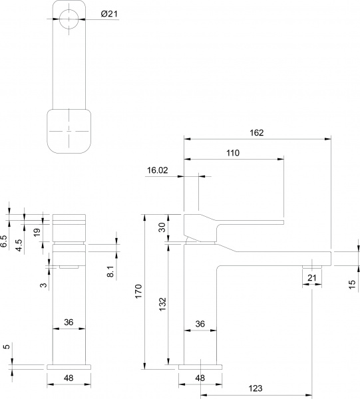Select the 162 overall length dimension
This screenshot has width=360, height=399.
[x=258, y=132]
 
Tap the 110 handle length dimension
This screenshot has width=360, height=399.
[x=233, y=152]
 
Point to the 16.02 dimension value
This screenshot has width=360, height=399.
[x=157, y=170]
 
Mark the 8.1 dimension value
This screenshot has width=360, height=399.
[x=110, y=271]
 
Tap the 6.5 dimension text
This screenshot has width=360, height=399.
[x=5, y=241]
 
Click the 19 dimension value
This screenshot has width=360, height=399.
[x=37, y=232]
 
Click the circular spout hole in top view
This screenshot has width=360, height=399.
[x=69, y=19]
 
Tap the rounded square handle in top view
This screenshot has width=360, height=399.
[x=69, y=130]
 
